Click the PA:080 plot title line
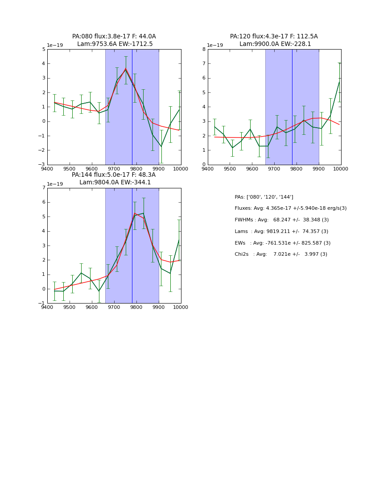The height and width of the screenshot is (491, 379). [x=114, y=37]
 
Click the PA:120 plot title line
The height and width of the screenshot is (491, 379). [x=274, y=37]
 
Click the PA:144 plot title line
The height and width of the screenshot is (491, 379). [x=114, y=175]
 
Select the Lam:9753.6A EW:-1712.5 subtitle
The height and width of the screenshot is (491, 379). [x=115, y=44]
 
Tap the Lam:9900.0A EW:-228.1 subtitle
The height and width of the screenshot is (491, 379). [x=275, y=44]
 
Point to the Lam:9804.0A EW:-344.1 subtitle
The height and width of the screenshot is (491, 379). [x=115, y=183]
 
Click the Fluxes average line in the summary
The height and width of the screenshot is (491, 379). [x=290, y=208]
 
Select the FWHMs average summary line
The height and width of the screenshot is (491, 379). [x=281, y=220]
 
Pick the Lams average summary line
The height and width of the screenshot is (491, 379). [x=281, y=232]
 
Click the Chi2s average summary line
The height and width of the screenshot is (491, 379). [x=281, y=254]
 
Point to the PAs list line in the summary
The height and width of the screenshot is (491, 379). [x=264, y=197]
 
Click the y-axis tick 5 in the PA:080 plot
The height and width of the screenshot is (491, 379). [x=43, y=49]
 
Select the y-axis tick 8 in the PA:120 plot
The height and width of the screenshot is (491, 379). [x=204, y=49]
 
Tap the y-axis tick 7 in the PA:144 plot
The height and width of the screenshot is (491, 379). [x=43, y=188]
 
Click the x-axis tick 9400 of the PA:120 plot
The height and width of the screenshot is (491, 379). [x=208, y=169]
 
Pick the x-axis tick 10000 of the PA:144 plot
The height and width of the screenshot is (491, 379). [x=181, y=307]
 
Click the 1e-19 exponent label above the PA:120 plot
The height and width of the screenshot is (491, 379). [x=215, y=46]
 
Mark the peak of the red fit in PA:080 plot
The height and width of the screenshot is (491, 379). [x=125, y=68]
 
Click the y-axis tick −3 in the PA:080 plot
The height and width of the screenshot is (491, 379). [x=42, y=164]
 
